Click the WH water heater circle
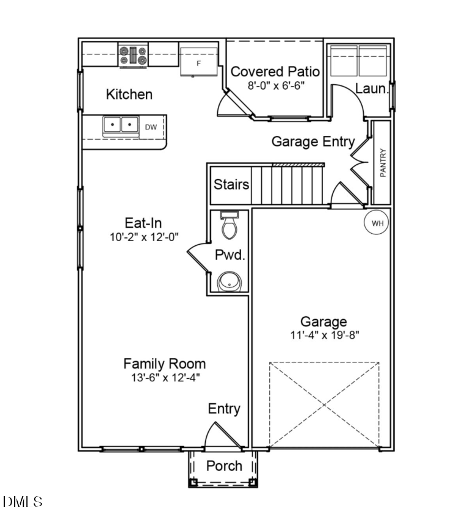coord(377,223)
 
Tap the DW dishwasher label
coord(151,127)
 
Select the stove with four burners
coord(133,56)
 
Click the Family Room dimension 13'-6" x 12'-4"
coord(164,377)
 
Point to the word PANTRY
coord(383,163)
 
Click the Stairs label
coord(231,184)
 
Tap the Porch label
coord(224,466)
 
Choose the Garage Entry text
coord(313,142)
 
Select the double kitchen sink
coord(121,125)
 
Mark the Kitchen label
coord(129,95)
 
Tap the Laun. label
coord(371,88)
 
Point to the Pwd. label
coord(230,255)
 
